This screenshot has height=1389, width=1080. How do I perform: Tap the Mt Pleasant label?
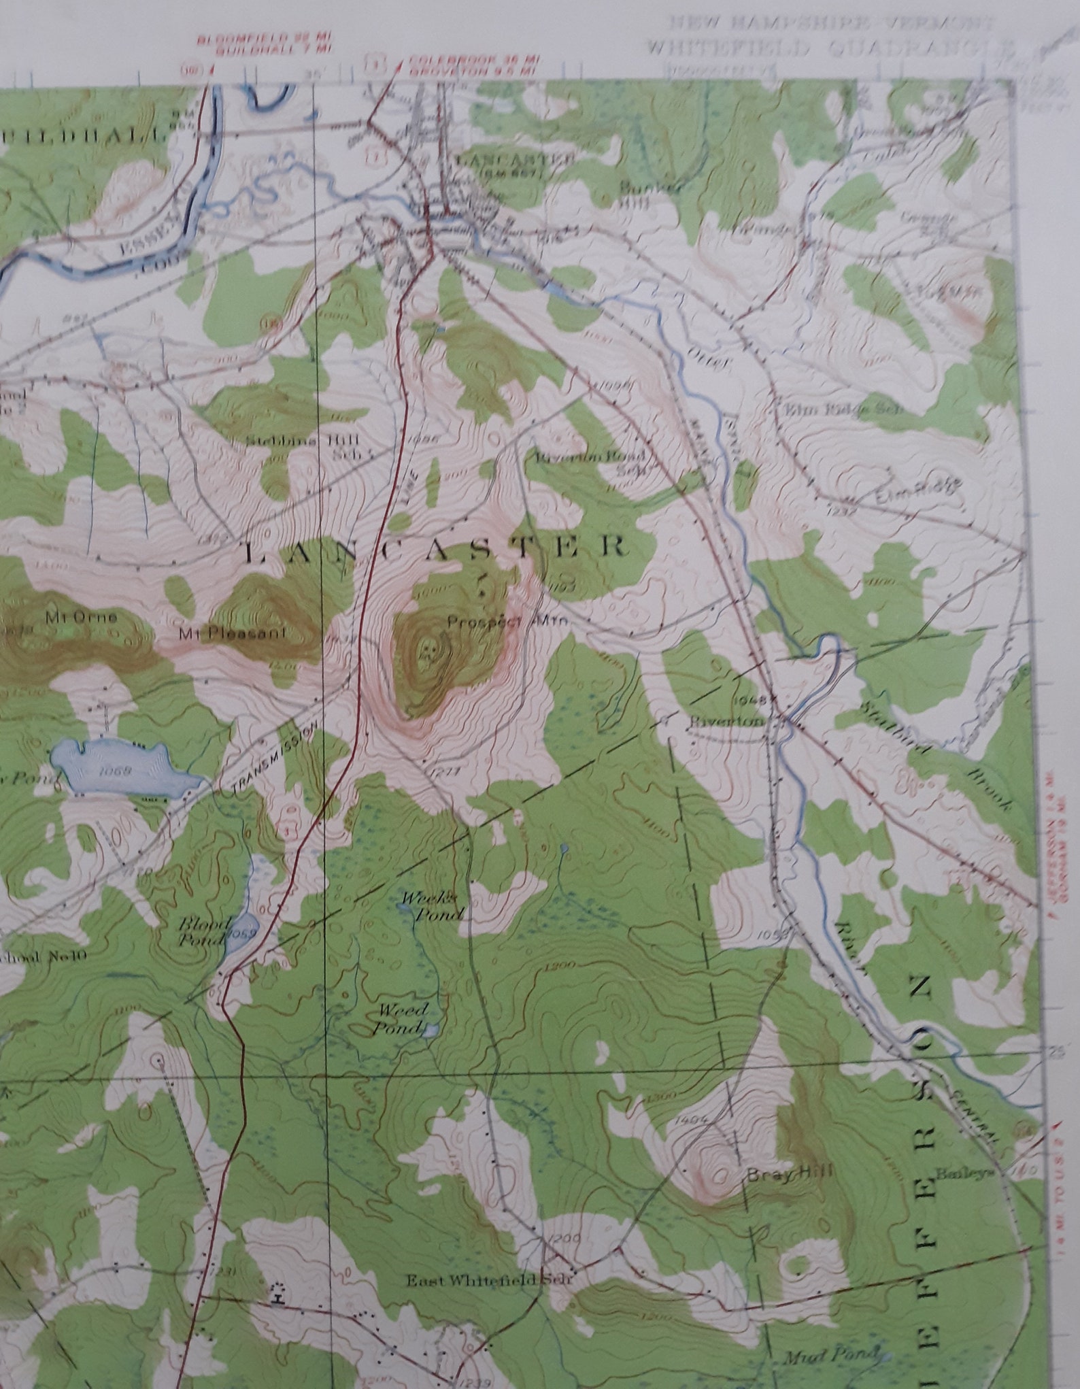pyautogui.click(x=233, y=634)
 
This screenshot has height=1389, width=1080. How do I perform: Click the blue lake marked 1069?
pyautogui.click(x=122, y=769)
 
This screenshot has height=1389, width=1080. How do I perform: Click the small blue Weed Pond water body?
pyautogui.click(x=430, y=1031)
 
